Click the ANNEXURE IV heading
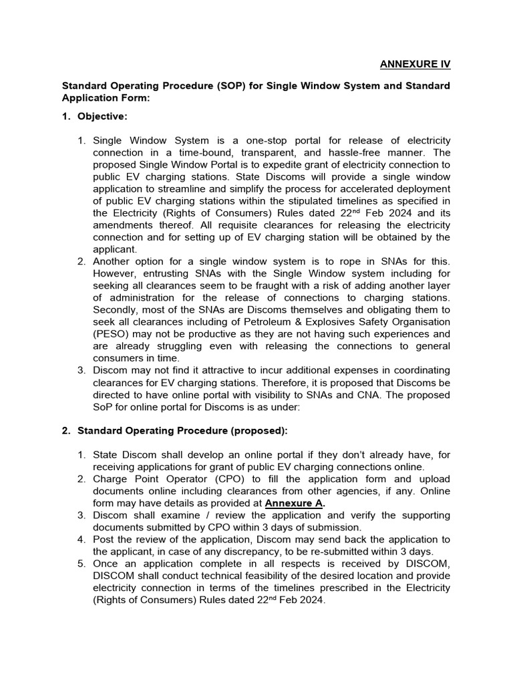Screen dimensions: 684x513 pyautogui.click(x=415, y=64)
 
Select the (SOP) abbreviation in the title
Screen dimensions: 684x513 pyautogui.click(x=222, y=86)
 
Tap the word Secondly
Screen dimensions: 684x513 pyautogui.click(x=116, y=309)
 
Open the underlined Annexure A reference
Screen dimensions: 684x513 pyautogui.click(x=295, y=504)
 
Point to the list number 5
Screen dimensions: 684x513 pyautogui.click(x=81, y=564)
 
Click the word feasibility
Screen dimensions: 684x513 pyautogui.click(x=268, y=576)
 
